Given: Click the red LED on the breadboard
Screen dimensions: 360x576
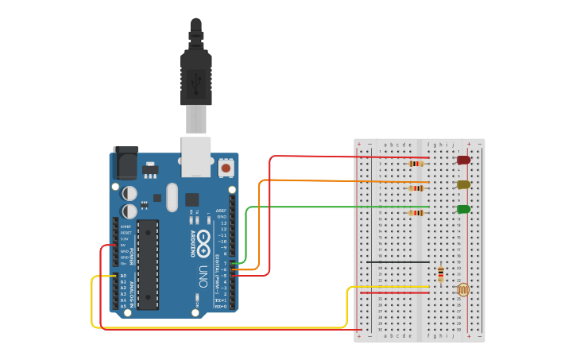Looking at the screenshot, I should pyautogui.click(x=463, y=160).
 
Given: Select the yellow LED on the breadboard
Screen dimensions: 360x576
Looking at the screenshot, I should pyautogui.click(x=463, y=184).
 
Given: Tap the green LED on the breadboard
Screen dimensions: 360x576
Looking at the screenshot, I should pyautogui.click(x=463, y=209).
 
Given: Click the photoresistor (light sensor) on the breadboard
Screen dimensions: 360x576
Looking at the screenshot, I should pyautogui.click(x=462, y=291).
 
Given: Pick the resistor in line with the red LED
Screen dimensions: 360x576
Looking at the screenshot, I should pyautogui.click(x=415, y=164).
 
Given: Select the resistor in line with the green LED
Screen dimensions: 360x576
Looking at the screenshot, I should pyautogui.click(x=415, y=213).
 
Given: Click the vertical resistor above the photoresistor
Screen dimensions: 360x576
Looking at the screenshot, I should pyautogui.click(x=439, y=275).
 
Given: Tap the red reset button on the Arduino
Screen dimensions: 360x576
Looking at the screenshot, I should pyautogui.click(x=226, y=168).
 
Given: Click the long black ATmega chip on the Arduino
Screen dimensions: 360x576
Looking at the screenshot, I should pyautogui.click(x=147, y=265).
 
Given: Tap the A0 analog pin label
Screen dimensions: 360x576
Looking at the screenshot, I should pyautogui.click(x=123, y=276).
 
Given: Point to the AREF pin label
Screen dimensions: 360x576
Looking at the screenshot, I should pyautogui.click(x=222, y=211).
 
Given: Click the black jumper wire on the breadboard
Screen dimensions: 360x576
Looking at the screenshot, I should pyautogui.click(x=397, y=261).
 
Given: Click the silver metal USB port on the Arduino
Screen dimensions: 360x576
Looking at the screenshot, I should pyautogui.click(x=195, y=156).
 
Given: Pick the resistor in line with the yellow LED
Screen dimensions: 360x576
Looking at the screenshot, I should pyautogui.click(x=415, y=188).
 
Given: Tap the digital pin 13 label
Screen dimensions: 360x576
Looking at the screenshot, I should pyautogui.click(x=223, y=223).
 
